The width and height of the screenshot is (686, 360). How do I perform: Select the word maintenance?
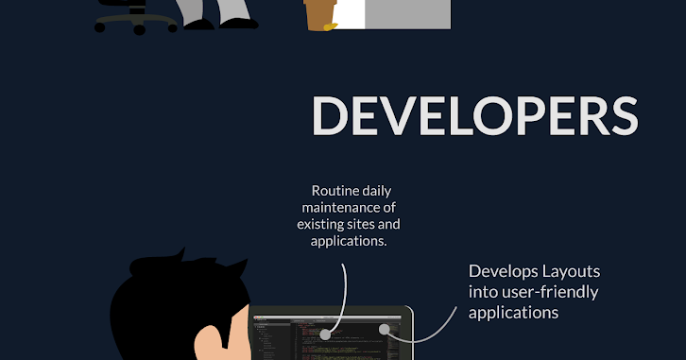336,206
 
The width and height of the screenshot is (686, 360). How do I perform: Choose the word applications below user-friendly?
513,312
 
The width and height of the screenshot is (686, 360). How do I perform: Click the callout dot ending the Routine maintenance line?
324,334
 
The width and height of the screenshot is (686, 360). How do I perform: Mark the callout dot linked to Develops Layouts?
385,330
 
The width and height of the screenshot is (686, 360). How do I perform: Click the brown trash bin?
320,13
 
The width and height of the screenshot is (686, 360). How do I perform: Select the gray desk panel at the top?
406,13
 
